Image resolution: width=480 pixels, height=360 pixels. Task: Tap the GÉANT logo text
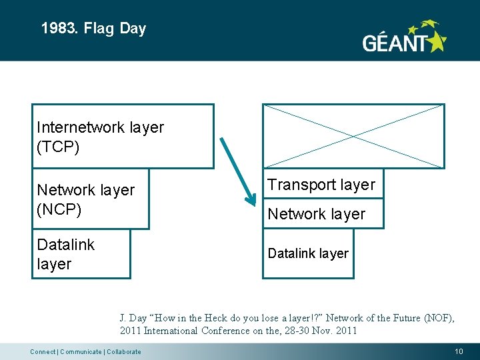coord(393,44)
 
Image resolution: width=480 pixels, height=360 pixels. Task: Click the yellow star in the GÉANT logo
coord(436,42)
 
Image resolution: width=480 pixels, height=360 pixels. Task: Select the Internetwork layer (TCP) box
coord(123,137)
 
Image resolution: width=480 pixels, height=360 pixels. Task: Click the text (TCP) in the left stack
coord(58,147)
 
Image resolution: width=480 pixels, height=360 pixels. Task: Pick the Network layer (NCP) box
coord(91,199)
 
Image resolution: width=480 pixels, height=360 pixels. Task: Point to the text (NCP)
coord(59,209)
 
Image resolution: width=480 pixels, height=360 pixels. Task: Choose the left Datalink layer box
coord(81,254)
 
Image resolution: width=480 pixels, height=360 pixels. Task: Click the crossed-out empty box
coord(353,136)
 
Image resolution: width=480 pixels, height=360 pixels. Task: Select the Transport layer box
coord(323,185)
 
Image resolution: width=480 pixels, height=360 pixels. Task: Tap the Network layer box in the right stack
coord(323,214)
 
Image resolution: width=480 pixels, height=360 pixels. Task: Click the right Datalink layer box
coord(308,253)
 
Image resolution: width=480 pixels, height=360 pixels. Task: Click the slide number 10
coord(458,351)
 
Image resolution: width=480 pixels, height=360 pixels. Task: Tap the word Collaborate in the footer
coord(123,352)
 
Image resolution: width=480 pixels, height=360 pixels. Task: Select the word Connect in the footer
coord(43,352)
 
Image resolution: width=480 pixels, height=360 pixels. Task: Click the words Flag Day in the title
coord(115,29)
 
